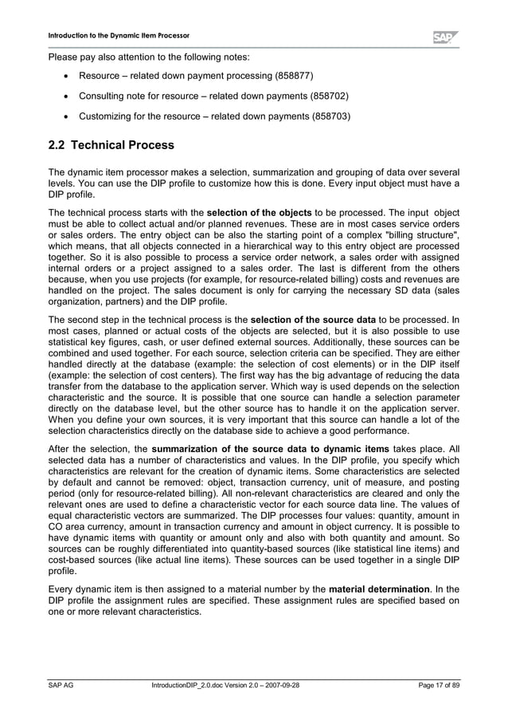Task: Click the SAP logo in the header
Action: click(445, 37)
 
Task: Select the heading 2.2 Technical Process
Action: click(111, 146)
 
